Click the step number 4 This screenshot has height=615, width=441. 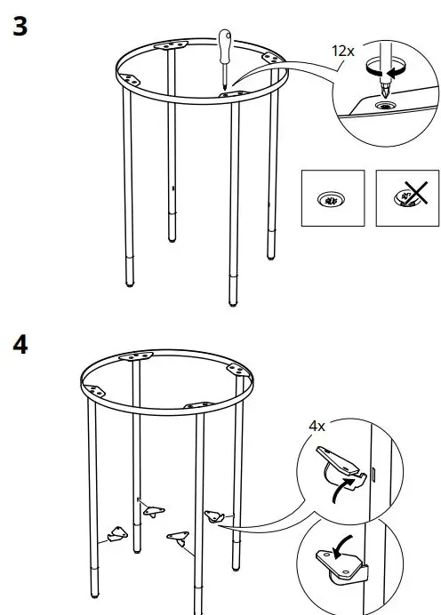pyautogui.click(x=20, y=344)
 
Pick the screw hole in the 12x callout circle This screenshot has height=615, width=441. pyautogui.click(x=388, y=105)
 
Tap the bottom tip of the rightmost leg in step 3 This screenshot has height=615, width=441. pyautogui.click(x=270, y=257)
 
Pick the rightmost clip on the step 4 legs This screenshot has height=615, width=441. pyautogui.click(x=214, y=515)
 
